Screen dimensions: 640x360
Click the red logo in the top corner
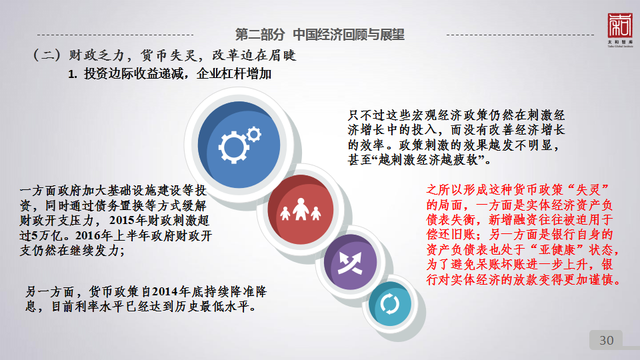[619, 26]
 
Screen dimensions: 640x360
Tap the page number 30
[606, 340]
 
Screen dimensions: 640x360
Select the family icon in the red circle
[301, 209]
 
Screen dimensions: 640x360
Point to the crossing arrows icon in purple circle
[350, 263]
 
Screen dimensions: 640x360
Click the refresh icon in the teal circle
[390, 304]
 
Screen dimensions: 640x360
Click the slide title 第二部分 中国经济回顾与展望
[319, 35]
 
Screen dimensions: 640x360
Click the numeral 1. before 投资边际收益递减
[72, 74]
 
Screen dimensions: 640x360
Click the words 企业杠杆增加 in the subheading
[234, 74]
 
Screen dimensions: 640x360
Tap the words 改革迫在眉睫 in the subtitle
[254, 55]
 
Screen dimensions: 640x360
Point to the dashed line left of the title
[115, 35]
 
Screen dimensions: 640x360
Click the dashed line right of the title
[521, 35]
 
